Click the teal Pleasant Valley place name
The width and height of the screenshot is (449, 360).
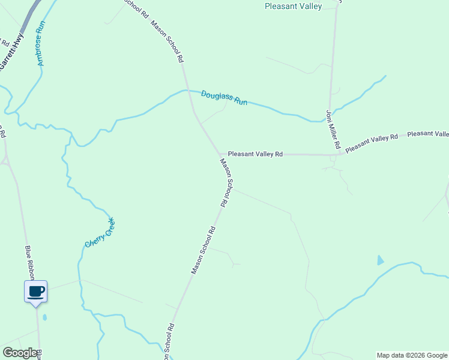click(x=294, y=7)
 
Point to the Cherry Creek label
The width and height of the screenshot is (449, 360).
click(x=99, y=233)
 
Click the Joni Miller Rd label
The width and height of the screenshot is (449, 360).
click(x=333, y=129)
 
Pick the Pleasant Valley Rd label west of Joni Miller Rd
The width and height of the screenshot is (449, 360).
click(x=255, y=154)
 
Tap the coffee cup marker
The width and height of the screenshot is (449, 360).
click(x=35, y=291)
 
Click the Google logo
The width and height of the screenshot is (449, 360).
click(x=20, y=353)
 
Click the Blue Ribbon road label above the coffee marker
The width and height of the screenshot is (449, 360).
click(x=30, y=262)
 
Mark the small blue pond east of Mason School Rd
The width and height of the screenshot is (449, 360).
click(x=380, y=260)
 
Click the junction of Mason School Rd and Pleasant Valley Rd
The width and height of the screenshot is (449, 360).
click(x=220, y=154)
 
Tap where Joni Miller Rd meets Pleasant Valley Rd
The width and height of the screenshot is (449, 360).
click(x=332, y=155)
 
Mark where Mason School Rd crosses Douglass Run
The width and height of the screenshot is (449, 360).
click(x=188, y=91)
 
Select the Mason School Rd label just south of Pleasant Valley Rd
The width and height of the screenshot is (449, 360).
click(x=225, y=182)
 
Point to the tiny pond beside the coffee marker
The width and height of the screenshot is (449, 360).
click(x=45, y=317)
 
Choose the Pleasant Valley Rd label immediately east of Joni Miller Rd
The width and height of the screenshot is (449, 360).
click(x=372, y=141)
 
